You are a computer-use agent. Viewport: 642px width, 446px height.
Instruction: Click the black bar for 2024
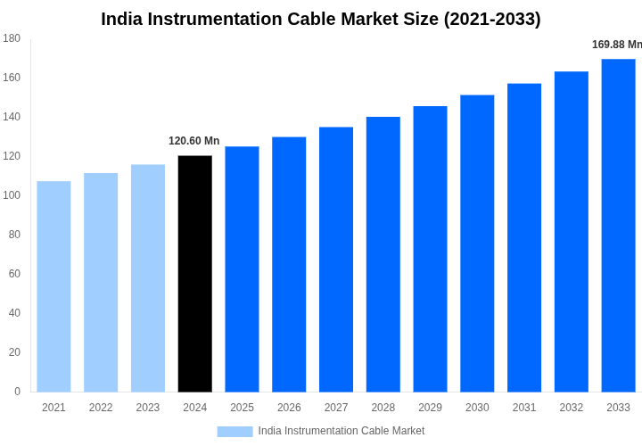[195, 274]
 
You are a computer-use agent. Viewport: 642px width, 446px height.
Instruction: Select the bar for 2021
[53, 286]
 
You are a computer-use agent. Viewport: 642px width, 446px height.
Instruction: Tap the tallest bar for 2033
[618, 226]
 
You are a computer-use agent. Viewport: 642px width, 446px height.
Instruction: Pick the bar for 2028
[383, 254]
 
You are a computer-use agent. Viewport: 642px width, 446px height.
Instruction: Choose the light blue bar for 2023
[148, 278]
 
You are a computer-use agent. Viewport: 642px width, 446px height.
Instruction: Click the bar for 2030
[477, 244]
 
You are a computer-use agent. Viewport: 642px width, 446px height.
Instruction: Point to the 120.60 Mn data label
[193, 141]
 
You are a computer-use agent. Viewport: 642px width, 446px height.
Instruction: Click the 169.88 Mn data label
[616, 45]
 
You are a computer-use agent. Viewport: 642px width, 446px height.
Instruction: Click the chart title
[321, 19]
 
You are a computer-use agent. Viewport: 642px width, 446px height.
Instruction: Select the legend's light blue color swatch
[235, 432]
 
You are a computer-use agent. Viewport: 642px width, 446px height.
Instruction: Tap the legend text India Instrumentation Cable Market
[342, 431]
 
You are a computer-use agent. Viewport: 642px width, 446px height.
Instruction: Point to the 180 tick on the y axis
[12, 38]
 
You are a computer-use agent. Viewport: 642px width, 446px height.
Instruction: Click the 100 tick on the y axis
[12, 195]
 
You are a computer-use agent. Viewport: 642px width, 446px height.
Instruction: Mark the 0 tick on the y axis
[17, 392]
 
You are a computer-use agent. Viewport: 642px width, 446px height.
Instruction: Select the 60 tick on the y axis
[14, 274]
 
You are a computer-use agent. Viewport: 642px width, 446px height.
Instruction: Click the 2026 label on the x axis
[289, 408]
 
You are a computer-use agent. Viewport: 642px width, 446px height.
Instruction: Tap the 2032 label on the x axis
[572, 408]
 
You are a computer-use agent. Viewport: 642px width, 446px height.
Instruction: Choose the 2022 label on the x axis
[101, 408]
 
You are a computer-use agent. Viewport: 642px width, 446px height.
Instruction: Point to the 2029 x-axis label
[430, 408]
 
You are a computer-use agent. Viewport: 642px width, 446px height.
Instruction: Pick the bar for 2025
[242, 269]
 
